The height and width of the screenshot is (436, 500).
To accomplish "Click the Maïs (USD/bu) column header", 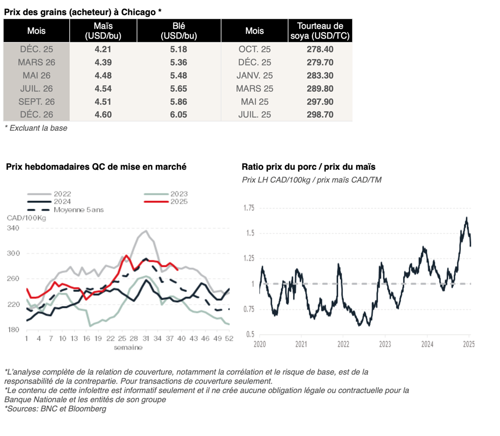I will pos(103,31).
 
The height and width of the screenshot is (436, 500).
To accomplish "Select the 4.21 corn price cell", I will pos(103,49).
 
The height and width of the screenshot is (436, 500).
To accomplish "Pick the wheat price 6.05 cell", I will pos(179,115).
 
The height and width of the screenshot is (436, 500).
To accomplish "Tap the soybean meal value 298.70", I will pos(320,115).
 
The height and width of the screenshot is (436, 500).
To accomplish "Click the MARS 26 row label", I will pos(37,62).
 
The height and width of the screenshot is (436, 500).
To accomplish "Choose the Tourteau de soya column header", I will pos(320,31).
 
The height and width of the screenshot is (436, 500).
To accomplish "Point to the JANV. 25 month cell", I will pos(254,76).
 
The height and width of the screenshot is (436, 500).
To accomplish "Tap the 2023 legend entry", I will pos(178,194).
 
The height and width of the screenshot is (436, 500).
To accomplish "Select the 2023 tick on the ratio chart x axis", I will pos(385,343).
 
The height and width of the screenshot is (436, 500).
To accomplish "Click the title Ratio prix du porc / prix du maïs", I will pos(309,167).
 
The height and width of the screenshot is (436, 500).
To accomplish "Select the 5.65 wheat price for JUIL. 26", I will pos(179,89).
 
